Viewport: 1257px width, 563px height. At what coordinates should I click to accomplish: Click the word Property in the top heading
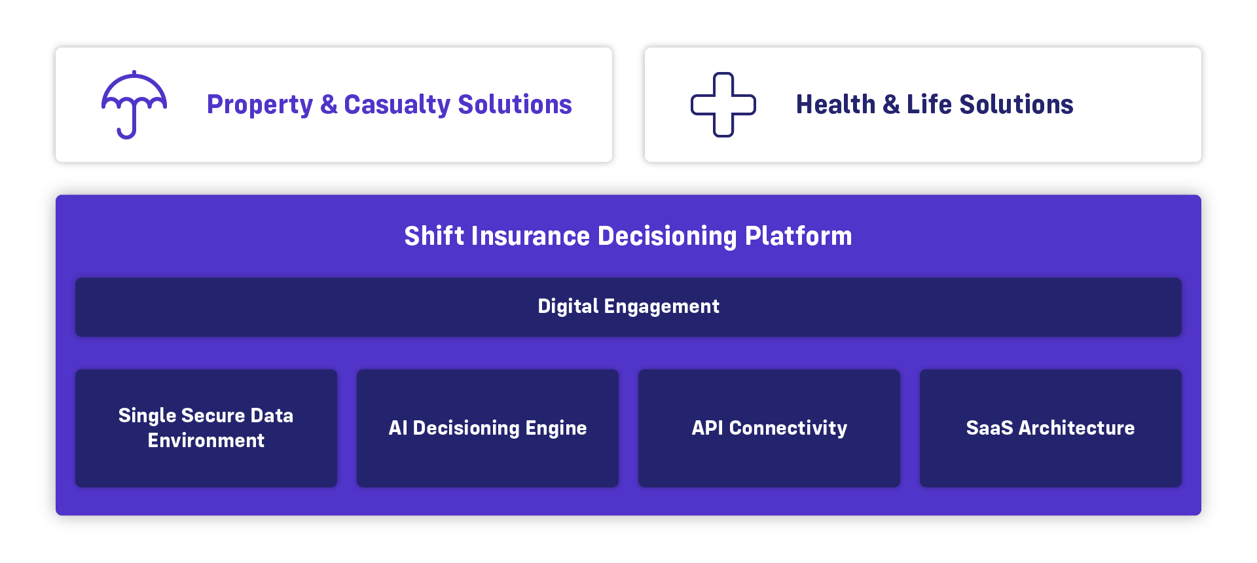[260, 105]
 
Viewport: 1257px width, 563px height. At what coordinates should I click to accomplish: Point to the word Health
[835, 104]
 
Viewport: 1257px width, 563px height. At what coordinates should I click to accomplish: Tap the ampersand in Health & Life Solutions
[891, 105]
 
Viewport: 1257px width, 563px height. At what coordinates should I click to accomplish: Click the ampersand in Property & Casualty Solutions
[329, 105]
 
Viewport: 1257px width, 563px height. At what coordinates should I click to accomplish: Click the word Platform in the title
[799, 236]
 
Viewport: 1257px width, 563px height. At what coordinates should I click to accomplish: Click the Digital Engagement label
[628, 306]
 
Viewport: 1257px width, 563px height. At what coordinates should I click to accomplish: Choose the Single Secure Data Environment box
[206, 428]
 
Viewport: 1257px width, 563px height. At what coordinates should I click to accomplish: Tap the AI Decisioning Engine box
[488, 428]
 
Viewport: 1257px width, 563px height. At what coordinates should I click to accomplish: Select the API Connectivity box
[769, 428]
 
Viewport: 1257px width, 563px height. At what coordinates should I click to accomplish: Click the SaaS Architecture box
[1051, 428]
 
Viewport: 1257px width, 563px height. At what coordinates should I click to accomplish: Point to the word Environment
[206, 441]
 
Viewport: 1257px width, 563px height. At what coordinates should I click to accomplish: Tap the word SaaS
[990, 428]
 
